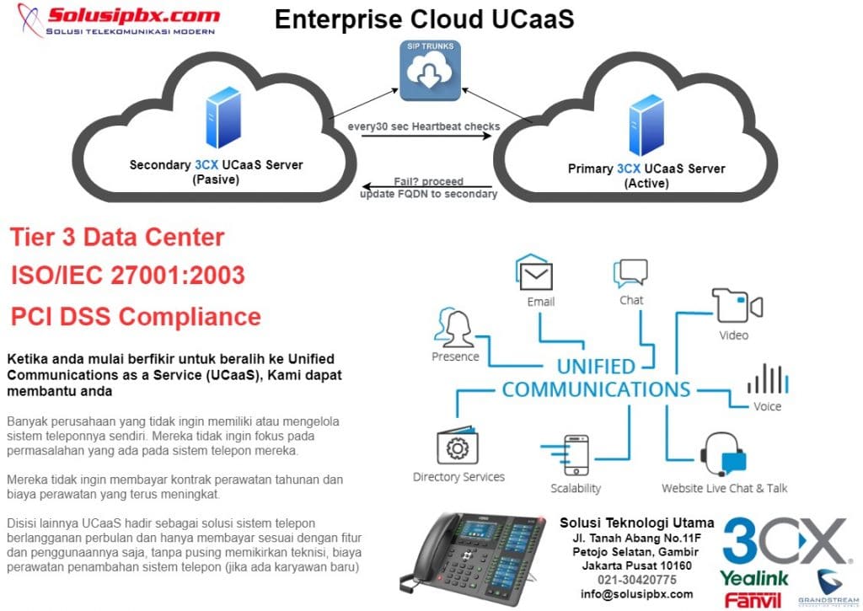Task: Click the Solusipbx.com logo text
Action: (x=134, y=16)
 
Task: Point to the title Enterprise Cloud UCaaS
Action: (x=424, y=19)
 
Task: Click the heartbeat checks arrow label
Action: (x=424, y=126)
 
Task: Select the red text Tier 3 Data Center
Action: (x=117, y=237)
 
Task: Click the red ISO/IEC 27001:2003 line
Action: (x=127, y=276)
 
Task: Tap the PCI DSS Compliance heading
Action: (x=136, y=316)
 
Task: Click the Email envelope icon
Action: (x=535, y=275)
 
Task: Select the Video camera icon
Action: (x=737, y=305)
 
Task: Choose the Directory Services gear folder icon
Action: (x=458, y=448)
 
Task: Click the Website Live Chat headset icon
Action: (x=724, y=456)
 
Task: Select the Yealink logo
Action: (x=754, y=578)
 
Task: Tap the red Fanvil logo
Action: (x=753, y=599)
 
